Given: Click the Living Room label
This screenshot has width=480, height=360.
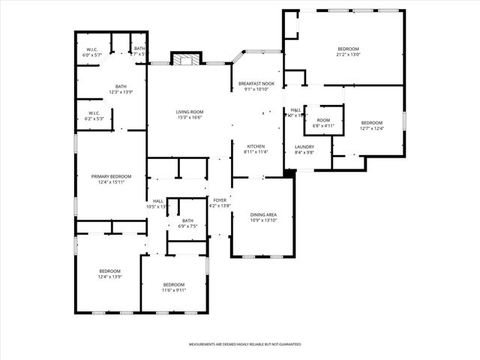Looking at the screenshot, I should point(190,112).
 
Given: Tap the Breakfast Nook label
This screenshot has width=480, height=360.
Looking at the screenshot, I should point(256,83).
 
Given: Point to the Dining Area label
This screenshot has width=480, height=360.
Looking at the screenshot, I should point(263,214).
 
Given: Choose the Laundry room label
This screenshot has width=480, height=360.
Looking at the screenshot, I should point(304,146).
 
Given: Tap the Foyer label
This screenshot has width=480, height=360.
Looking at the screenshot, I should point(220,200).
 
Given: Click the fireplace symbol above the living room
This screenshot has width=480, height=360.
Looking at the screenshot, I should point(186,60).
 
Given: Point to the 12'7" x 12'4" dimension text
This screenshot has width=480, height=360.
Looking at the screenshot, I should point(372,128).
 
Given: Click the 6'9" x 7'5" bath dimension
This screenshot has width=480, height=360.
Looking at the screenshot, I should point(187,226).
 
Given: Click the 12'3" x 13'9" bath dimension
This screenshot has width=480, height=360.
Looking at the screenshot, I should point(121,91).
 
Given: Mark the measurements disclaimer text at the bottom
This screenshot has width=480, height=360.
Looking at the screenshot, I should point(244,344).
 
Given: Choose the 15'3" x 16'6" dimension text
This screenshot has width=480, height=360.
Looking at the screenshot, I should point(190,118).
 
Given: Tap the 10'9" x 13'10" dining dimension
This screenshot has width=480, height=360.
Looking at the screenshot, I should point(263,220).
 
